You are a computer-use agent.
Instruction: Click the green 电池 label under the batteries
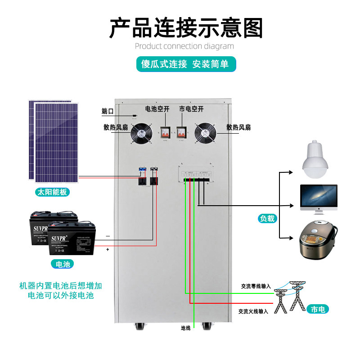(x=63, y=264)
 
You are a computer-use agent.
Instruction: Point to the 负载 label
(x=267, y=219)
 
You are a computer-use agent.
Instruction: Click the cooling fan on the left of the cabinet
(x=142, y=134)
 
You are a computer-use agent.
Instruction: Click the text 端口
(x=108, y=111)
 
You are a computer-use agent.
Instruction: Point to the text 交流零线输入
(x=256, y=286)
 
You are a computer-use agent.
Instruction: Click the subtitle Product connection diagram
(x=184, y=46)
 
